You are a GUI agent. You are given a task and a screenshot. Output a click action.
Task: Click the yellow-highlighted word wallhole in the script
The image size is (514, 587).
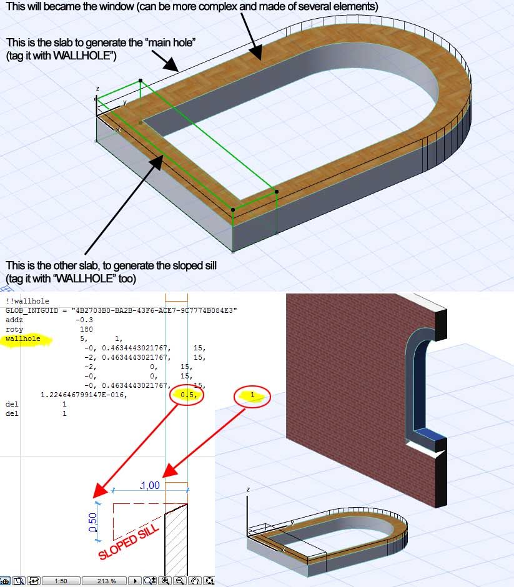pos(23,338)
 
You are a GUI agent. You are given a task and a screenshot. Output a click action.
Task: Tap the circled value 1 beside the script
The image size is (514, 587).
pos(252,395)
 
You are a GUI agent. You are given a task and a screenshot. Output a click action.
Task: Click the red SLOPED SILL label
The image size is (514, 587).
pos(129,541)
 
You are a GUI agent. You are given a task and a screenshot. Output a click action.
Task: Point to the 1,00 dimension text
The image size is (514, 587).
pos(150,486)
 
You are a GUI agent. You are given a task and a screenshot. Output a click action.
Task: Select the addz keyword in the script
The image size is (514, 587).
pos(14,320)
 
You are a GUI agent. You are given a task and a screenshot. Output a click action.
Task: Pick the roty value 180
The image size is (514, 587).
pos(86,329)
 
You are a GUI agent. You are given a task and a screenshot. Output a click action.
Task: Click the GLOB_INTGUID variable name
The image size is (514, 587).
pos(32,310)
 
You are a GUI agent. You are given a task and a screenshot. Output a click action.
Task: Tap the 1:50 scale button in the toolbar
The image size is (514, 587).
pos(61,581)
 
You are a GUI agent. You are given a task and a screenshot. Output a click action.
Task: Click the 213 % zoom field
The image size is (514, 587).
pos(106,581)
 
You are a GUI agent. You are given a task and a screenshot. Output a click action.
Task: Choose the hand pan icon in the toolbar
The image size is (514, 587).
pos(195,581)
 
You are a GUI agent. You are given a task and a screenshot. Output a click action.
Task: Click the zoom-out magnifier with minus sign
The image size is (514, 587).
pos(180,581)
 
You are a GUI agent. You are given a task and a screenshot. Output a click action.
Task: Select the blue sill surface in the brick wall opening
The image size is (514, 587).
pos(429,435)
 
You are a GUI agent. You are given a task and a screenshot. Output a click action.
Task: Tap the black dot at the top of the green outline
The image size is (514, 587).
pos(141,81)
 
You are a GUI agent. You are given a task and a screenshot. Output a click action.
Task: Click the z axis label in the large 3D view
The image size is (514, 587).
pos(97,89)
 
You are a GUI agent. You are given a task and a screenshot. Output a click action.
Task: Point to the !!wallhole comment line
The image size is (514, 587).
pos(27,301)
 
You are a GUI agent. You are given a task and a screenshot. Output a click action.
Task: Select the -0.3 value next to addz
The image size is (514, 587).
pos(84,320)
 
